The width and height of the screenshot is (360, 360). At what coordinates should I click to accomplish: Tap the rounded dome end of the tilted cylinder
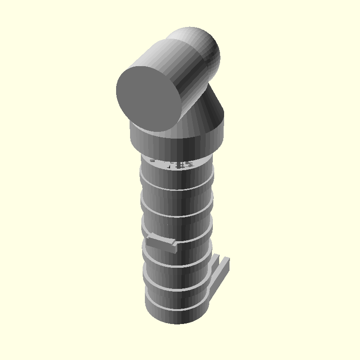pos(202,45)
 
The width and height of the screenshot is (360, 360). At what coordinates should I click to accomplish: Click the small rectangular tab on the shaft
pos(160,243)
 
